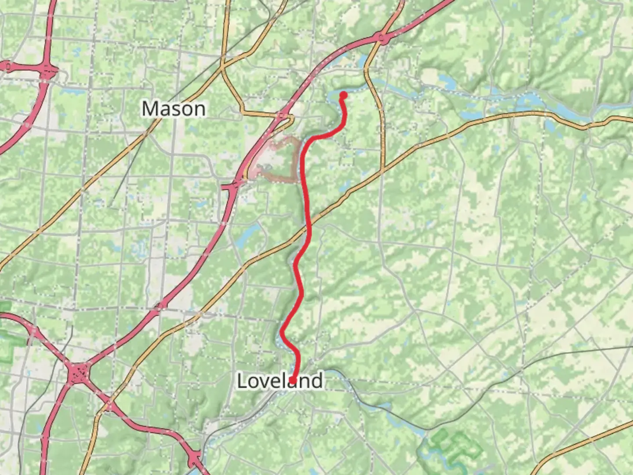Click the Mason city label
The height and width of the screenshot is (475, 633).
[x=174, y=109]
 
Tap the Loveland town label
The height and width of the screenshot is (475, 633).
[x=280, y=381]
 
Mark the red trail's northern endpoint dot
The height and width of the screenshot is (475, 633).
[x=343, y=95]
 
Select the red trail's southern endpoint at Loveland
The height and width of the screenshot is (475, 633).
[x=293, y=380]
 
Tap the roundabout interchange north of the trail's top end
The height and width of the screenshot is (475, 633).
[x=382, y=40]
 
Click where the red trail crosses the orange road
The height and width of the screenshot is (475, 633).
[x=309, y=227]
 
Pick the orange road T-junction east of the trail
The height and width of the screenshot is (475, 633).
[x=382, y=170]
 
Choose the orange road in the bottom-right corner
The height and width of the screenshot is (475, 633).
[x=585, y=444]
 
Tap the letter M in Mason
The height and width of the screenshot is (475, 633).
[x=149, y=109]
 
